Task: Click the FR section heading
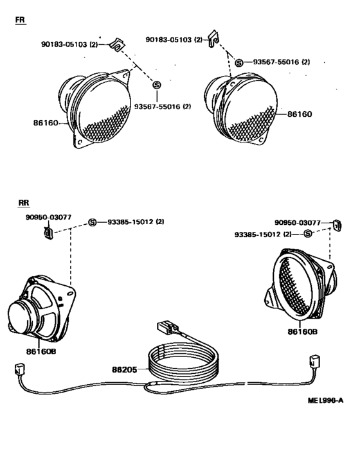[21, 21]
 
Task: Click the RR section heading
[24, 202]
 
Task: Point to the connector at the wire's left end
[17, 371]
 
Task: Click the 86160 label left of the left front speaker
[46, 121]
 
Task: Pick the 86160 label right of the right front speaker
[300, 115]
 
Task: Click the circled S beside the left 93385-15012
[92, 222]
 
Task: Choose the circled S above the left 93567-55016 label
[156, 84]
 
